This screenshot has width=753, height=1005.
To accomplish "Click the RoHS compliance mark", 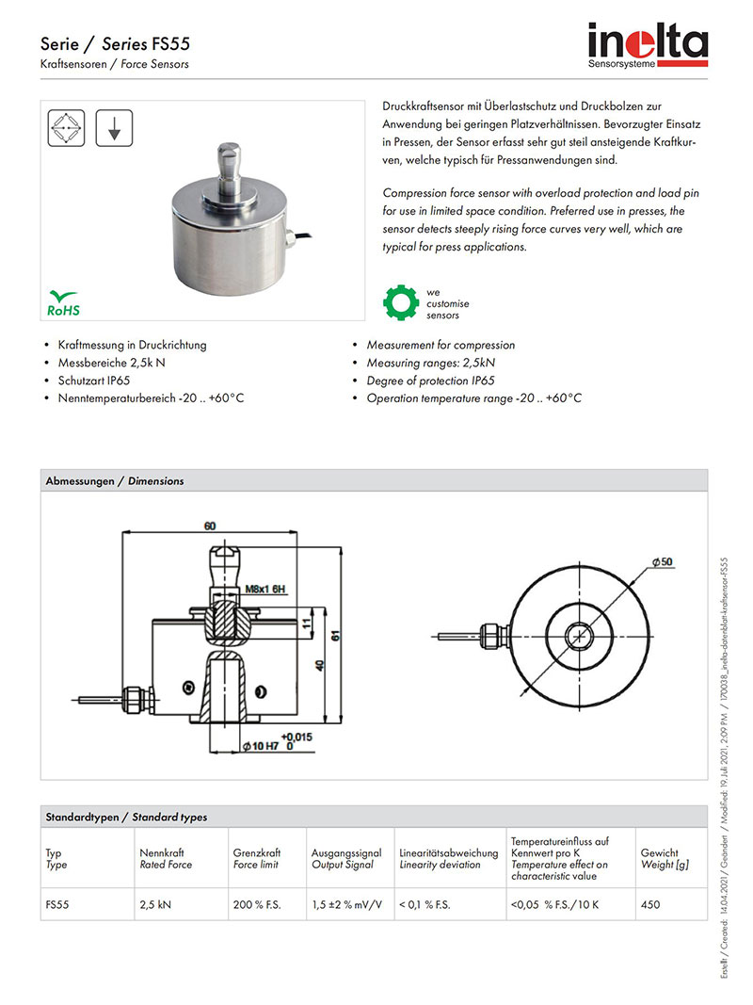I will tap(64, 302).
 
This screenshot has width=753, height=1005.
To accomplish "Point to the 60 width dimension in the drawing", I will tap(209, 525).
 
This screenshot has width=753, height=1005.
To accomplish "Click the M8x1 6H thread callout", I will tap(264, 590).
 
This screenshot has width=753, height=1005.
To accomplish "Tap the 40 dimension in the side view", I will tap(318, 666).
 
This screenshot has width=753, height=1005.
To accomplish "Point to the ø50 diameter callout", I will tap(661, 562).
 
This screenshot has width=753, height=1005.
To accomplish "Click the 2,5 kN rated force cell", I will tap(155, 904).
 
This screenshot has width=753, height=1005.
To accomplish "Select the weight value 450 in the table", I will tap(649, 904).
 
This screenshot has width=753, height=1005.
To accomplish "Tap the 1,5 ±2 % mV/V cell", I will tap(345, 904).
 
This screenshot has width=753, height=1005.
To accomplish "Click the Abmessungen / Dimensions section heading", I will tap(115, 480).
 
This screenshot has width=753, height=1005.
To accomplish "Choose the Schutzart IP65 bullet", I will tap(93, 381).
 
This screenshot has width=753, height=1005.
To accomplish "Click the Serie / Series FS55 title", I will tap(116, 44).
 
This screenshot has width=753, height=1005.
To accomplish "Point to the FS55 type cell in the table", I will tap(57, 904).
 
